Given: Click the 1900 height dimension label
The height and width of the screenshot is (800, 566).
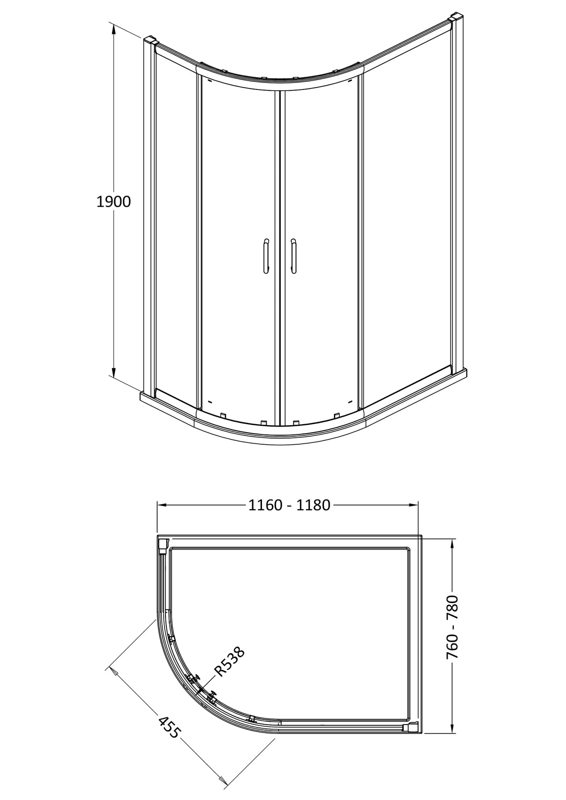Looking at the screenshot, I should [x=113, y=202].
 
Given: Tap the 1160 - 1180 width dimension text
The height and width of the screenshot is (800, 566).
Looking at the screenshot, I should [x=289, y=505].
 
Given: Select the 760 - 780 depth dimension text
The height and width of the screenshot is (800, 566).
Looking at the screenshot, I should [x=452, y=627].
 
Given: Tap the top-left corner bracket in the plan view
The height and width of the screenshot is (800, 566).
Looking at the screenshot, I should [x=163, y=544].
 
